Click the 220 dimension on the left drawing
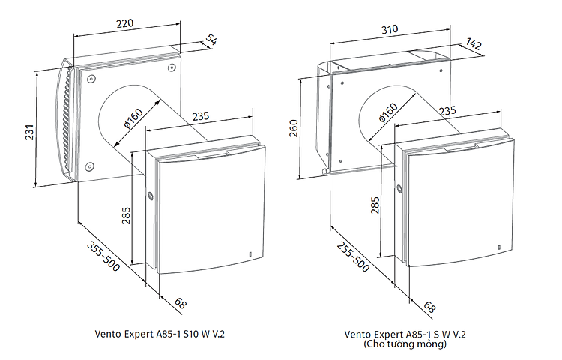click(125, 23)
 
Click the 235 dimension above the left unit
click(201, 117)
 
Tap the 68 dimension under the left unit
click(180, 303)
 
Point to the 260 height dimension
click(293, 129)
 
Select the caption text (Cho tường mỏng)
click(405, 344)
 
